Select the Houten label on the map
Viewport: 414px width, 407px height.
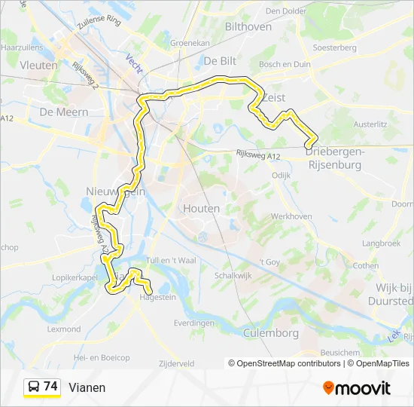[x=201, y=208]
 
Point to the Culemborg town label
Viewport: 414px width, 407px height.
[x=271, y=332]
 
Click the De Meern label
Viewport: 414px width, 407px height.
[x=63, y=112]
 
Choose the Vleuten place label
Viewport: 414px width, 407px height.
[x=39, y=66]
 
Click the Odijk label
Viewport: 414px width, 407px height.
[x=281, y=175]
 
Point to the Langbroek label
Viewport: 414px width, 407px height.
[x=381, y=243]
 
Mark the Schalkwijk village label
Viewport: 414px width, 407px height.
[x=232, y=276]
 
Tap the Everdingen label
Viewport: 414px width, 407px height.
[x=194, y=323]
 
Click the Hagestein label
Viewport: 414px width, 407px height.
[x=157, y=298]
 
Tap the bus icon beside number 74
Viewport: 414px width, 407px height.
[x=34, y=387]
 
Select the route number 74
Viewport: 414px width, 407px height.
[x=50, y=386]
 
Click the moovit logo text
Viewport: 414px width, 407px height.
[x=357, y=387]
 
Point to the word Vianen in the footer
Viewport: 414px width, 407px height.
[x=87, y=387]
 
